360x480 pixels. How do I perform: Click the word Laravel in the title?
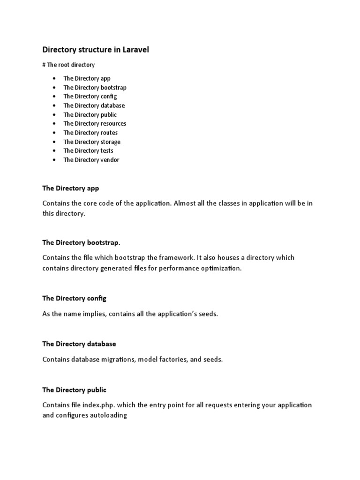[x=135, y=49]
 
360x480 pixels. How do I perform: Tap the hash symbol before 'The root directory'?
[x=44, y=65]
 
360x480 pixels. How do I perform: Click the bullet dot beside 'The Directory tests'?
[x=55, y=151]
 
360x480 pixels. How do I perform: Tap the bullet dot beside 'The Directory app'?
[x=55, y=79]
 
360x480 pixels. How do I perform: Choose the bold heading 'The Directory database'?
[x=79, y=344]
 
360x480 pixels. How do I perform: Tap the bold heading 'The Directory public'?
[x=74, y=390]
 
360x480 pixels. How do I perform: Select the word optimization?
[x=221, y=269]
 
